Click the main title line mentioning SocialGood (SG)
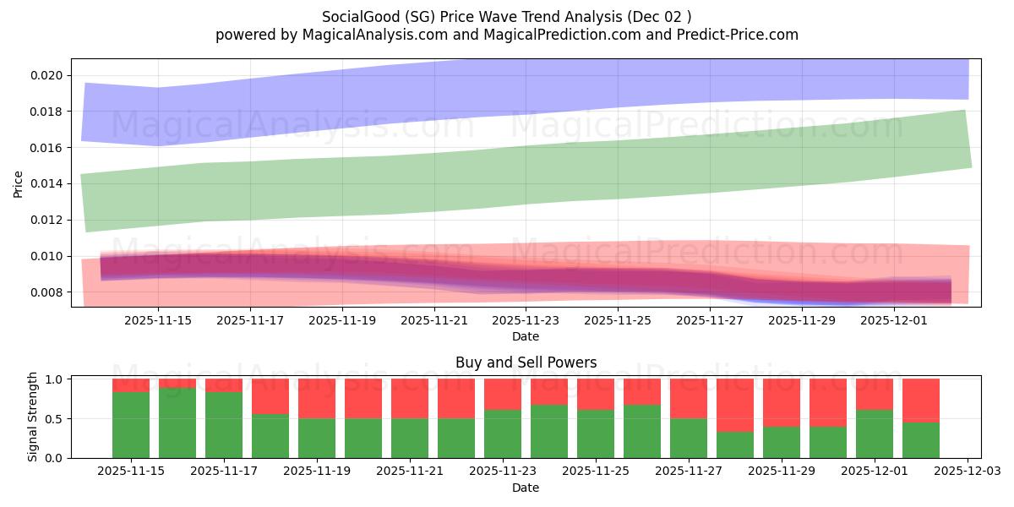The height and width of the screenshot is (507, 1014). click(507, 17)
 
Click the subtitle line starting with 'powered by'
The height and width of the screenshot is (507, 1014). click(507, 35)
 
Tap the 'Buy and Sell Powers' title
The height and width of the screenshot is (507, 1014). click(526, 363)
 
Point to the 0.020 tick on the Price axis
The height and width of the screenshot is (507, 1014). click(46, 75)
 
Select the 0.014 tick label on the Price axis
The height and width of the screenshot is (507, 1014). click(46, 183)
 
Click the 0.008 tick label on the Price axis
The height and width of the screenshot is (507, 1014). click(46, 292)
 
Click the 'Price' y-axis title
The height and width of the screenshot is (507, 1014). click(19, 183)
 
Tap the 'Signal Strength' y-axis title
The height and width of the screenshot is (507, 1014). click(33, 417)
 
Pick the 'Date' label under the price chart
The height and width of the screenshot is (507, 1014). click(526, 336)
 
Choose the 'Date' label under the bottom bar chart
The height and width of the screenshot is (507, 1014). click(526, 488)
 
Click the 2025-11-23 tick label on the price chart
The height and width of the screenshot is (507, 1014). click(526, 320)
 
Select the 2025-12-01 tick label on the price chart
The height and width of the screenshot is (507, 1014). click(894, 320)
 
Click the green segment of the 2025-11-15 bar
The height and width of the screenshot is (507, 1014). click(131, 425)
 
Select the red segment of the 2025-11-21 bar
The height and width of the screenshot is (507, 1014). click(410, 398)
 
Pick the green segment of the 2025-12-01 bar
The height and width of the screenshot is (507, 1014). click(875, 433)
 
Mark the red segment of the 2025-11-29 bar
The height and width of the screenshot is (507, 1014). click(782, 402)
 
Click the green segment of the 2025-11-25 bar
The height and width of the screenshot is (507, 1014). click(596, 433)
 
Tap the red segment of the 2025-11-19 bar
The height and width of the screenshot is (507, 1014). click(317, 398)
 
